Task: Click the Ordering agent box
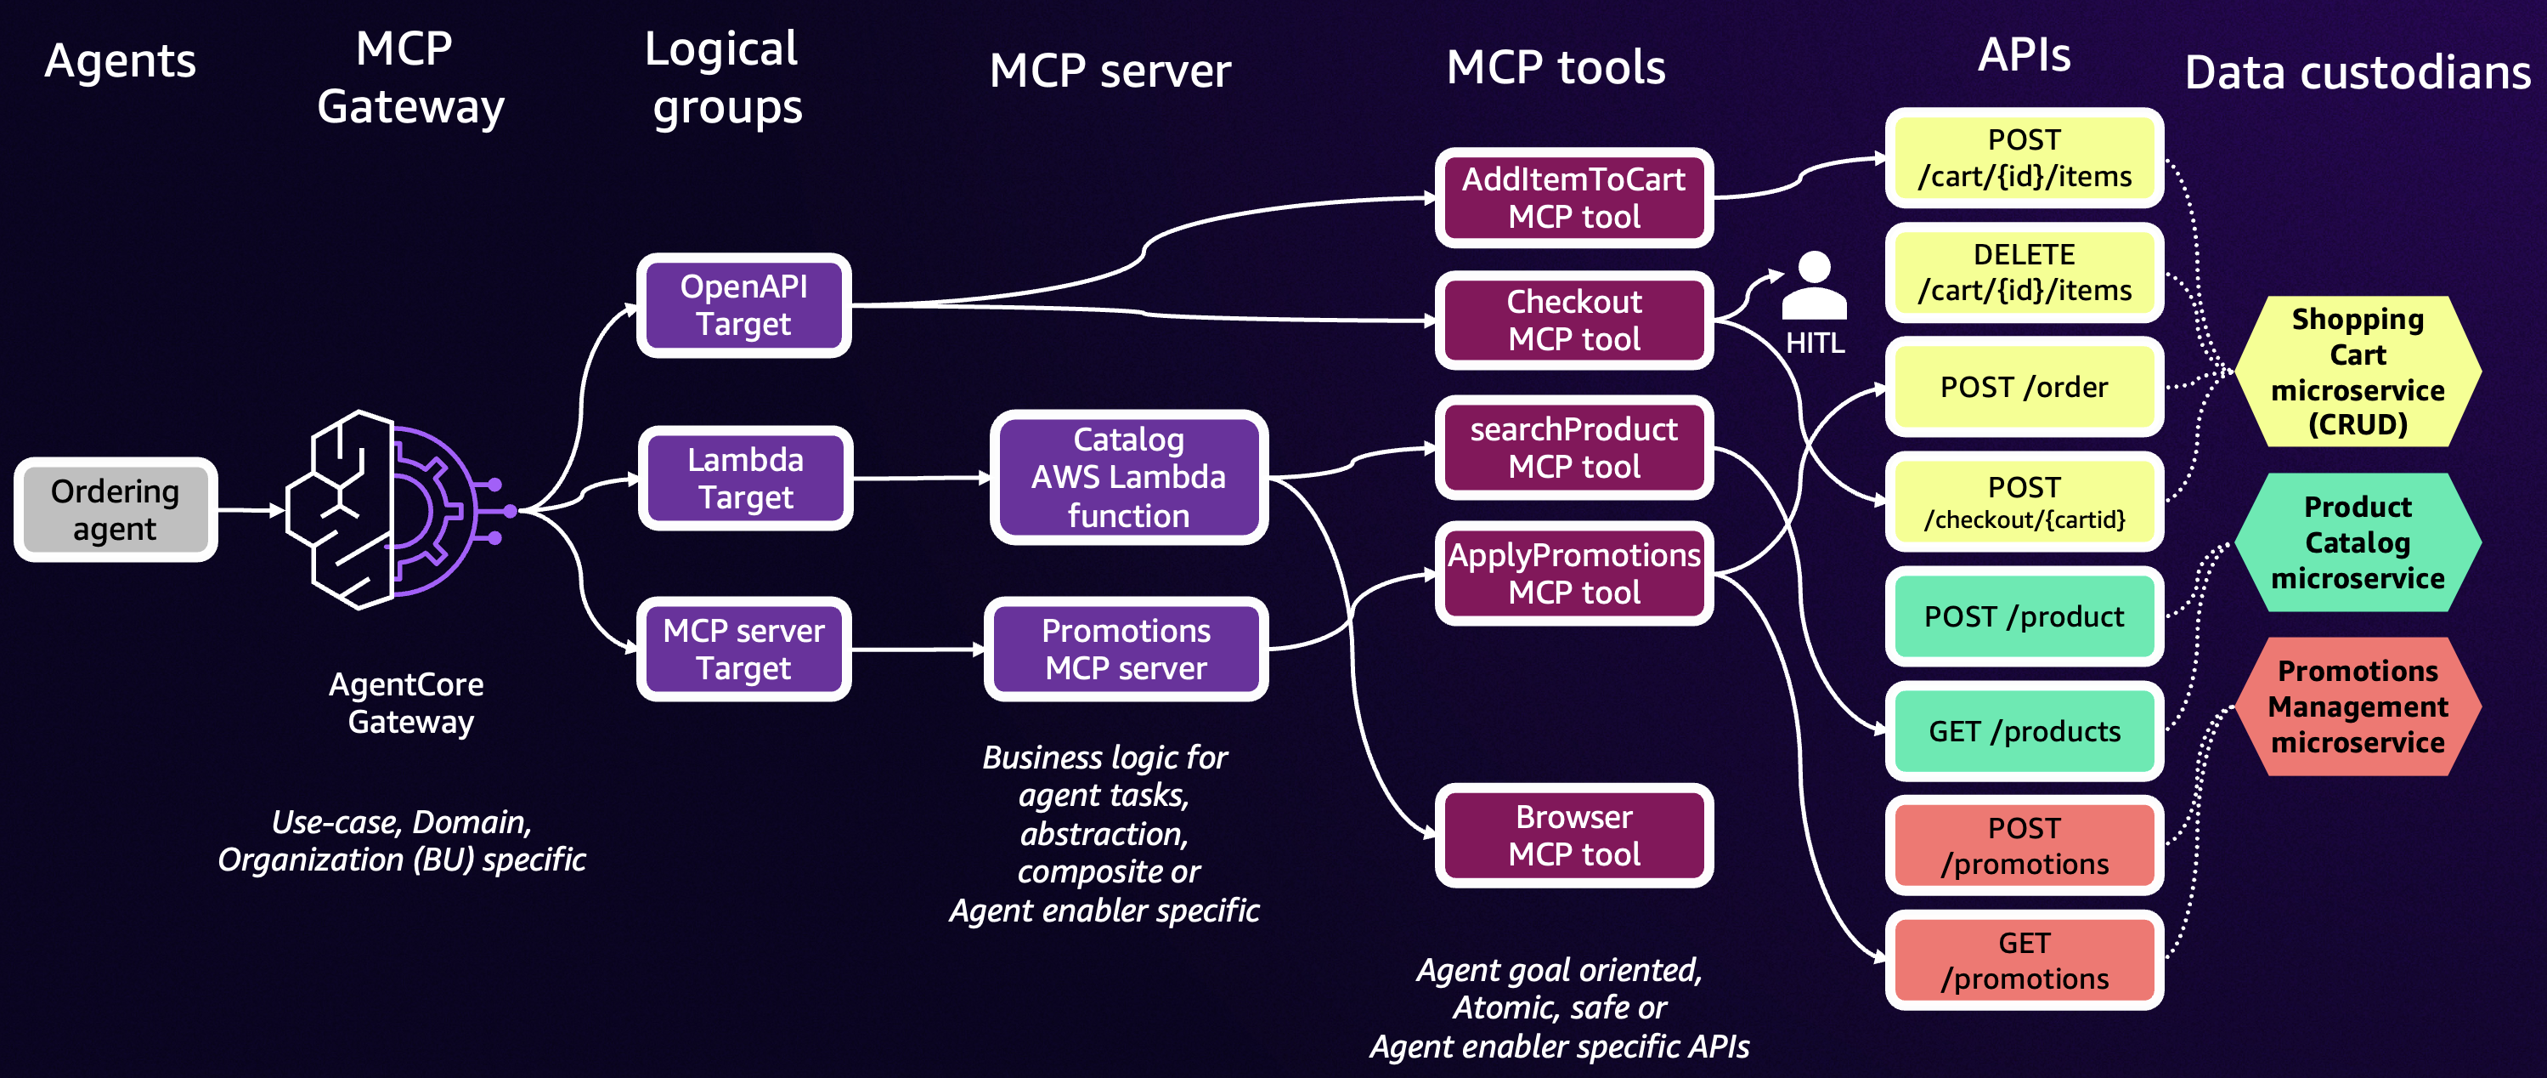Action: coord(115,509)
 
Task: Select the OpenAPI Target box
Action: coord(743,304)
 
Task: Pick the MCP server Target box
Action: coord(743,649)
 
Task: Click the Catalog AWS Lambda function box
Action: coord(1128,478)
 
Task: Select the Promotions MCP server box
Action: coord(1127,649)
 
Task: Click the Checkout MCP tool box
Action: coord(1573,320)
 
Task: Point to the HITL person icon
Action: coord(1813,286)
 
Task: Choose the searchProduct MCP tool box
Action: coord(1573,447)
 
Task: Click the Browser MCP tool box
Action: coord(1573,835)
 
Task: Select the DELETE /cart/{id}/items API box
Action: coord(2023,272)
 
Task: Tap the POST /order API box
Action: coord(2023,387)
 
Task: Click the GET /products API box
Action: coord(2023,731)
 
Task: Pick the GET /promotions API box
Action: coord(2023,961)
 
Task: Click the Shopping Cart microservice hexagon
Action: coord(2358,371)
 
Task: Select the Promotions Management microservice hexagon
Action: coord(2358,706)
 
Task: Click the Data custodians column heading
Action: coord(2358,72)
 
